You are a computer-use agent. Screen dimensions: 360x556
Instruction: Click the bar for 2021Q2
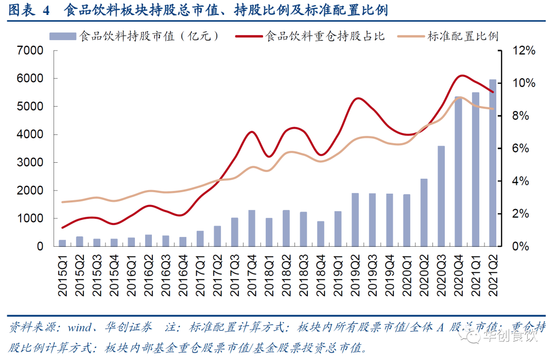(493, 163)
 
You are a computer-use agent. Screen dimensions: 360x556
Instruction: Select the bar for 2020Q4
(458, 172)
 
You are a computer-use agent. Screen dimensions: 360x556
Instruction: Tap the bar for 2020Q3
(441, 196)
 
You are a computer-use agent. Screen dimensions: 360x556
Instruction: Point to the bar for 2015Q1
(62, 243)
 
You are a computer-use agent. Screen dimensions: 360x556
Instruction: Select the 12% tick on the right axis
(524, 50)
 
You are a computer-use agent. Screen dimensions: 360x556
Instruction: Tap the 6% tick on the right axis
(522, 148)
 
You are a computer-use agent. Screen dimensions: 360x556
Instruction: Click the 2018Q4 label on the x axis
(320, 276)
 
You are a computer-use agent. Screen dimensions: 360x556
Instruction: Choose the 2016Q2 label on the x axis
(148, 276)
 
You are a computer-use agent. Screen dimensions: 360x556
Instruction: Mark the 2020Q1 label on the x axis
(406, 276)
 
